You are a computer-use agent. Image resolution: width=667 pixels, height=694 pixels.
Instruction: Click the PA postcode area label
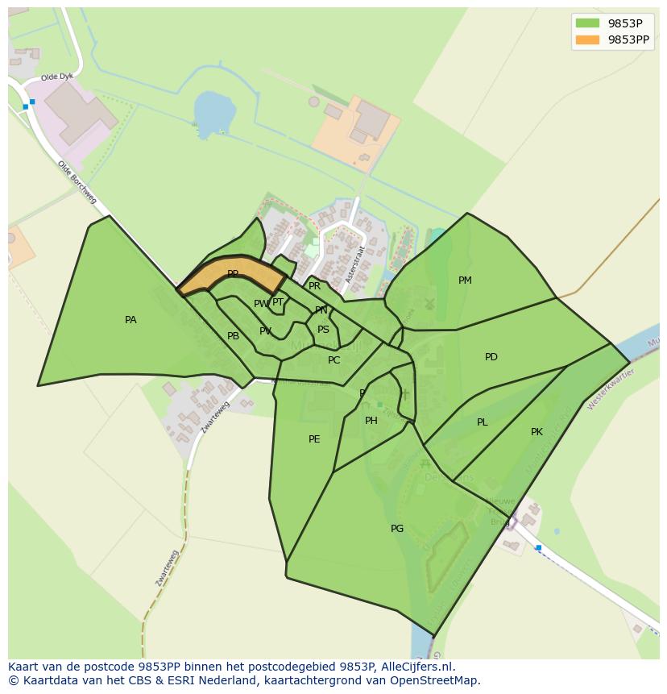pos(130,320)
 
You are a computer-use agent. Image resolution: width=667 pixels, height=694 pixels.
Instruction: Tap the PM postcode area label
pos(465,281)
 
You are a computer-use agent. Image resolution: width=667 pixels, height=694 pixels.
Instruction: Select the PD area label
pos(491,357)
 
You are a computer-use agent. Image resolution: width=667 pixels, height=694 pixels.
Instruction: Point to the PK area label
pos(536,432)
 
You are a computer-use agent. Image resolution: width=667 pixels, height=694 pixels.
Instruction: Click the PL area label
pos(482,422)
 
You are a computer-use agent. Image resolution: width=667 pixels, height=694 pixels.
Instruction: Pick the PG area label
pos(397,529)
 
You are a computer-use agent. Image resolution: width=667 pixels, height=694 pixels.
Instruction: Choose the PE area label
pos(314,439)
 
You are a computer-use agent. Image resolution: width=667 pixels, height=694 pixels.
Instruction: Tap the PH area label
pos(371,421)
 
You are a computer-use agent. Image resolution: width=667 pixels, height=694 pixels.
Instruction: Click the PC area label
pos(334,360)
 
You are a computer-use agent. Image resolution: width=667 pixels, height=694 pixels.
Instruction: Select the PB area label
pos(233,336)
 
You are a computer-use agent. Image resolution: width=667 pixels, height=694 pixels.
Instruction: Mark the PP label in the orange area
pos(233,274)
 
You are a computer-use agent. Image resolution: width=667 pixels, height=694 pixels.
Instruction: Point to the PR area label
pos(315,286)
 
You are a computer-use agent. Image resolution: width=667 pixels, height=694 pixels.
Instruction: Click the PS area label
pos(323,330)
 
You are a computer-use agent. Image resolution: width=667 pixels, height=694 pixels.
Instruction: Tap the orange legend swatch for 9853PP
pos(587,39)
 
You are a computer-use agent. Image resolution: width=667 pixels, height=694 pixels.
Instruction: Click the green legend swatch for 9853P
pos(587,23)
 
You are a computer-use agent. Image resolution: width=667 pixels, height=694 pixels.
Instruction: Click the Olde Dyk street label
pos(56,76)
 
